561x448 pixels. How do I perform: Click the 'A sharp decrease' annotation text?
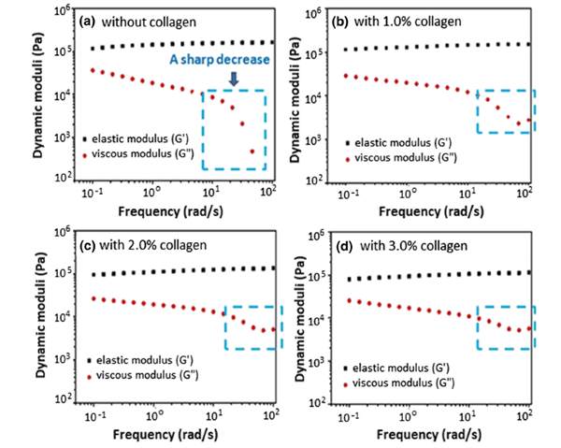221,60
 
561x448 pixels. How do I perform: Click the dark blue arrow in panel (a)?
234,81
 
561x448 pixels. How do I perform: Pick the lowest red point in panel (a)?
251,151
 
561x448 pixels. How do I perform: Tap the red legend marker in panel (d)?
349,383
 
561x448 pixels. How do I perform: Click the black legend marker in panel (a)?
86,137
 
